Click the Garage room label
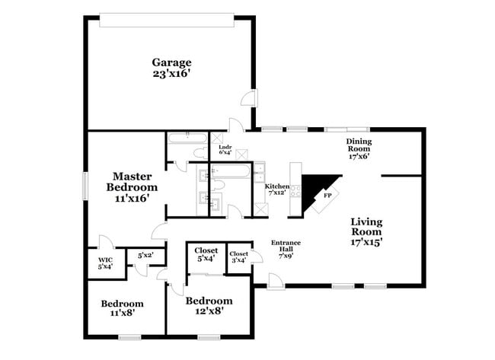click(171, 62)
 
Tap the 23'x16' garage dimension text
click(171, 75)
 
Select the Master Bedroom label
click(132, 181)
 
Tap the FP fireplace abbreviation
click(328, 196)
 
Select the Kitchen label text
click(276, 186)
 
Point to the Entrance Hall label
click(286, 247)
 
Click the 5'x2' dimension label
click(145, 256)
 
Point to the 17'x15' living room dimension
click(366, 242)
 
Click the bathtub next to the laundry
click(186, 139)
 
